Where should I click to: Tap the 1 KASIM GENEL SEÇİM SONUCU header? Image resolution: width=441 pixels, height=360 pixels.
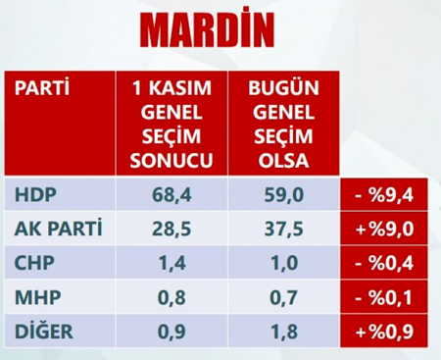click(x=172, y=124)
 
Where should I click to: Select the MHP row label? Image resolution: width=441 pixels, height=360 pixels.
click(x=34, y=298)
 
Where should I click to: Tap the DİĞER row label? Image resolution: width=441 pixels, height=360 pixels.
click(x=42, y=332)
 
